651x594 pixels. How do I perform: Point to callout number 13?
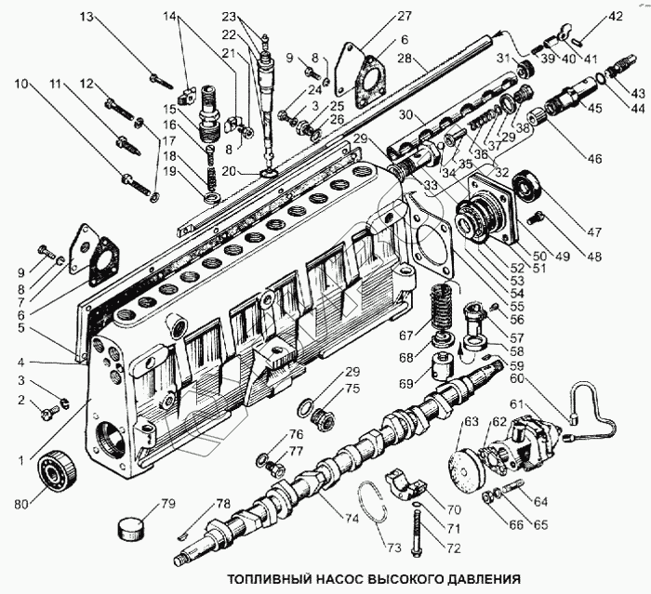tap(86, 17)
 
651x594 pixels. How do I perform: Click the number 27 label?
tap(404, 16)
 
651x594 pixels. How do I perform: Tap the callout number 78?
tap(223, 504)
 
